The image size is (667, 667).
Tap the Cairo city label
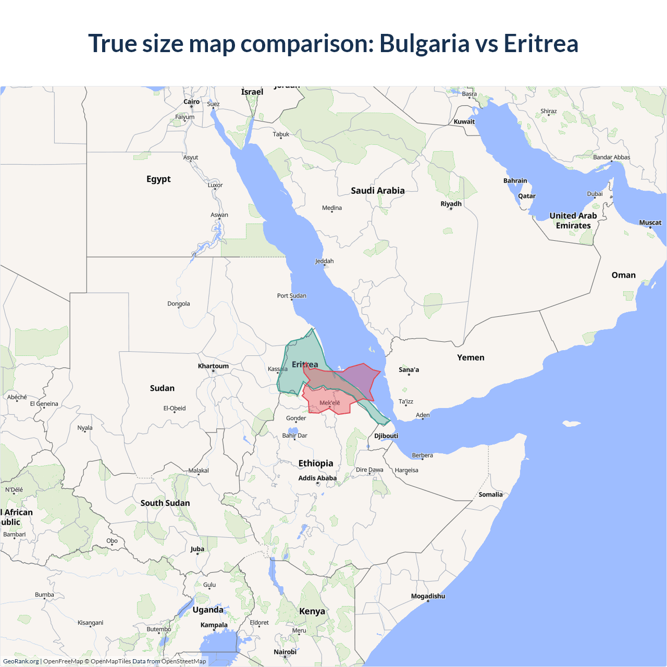tap(191, 102)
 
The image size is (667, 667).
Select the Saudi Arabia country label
tap(377, 191)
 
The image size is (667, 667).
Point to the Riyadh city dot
tap(451, 208)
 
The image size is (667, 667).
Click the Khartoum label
tap(213, 366)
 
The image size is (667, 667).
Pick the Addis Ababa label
tap(317, 478)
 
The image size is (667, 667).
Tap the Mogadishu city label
tap(428, 596)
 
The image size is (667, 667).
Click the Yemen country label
tap(471, 357)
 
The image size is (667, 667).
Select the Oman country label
tap(623, 275)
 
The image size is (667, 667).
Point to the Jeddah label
tap(324, 261)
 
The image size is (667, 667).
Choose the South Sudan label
tap(165, 503)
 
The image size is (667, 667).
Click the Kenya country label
tap(312, 611)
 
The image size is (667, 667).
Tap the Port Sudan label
tap(291, 295)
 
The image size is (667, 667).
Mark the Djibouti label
tap(386, 436)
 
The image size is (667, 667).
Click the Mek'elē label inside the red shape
tap(329, 403)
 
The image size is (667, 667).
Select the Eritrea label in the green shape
tap(305, 364)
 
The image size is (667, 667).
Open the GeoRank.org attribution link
tap(21, 661)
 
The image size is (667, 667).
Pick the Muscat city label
tap(650, 223)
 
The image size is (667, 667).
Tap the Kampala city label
tap(214, 625)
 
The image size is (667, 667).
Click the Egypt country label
tap(158, 179)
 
